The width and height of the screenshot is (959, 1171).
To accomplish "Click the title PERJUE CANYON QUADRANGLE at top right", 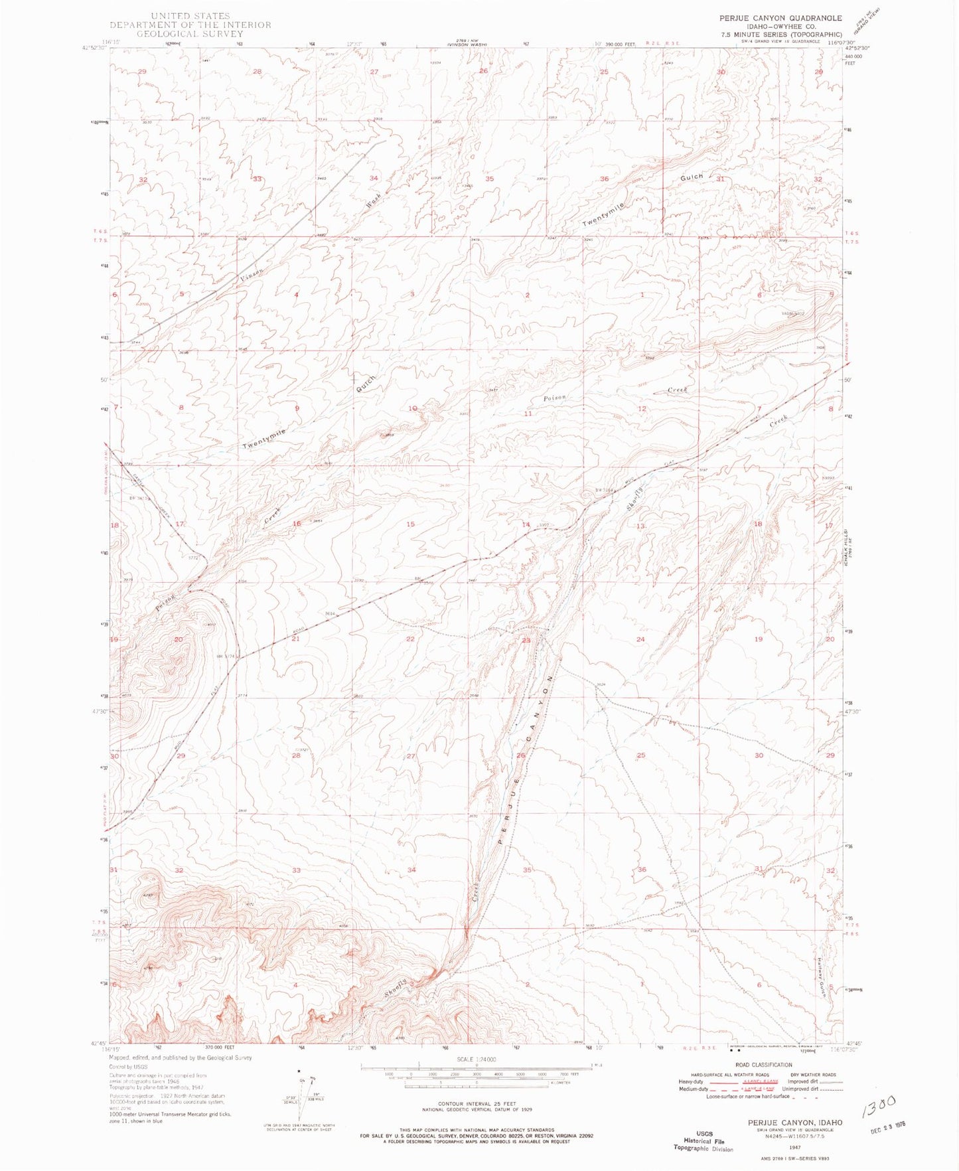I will tap(780, 18).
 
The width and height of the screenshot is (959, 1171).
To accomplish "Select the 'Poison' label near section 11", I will tap(555, 398).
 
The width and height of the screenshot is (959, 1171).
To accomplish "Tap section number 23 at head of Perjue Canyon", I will tap(526, 640).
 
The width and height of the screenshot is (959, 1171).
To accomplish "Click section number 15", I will tap(410, 524).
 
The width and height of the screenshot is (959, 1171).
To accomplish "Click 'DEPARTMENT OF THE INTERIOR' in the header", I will tap(190, 25).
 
